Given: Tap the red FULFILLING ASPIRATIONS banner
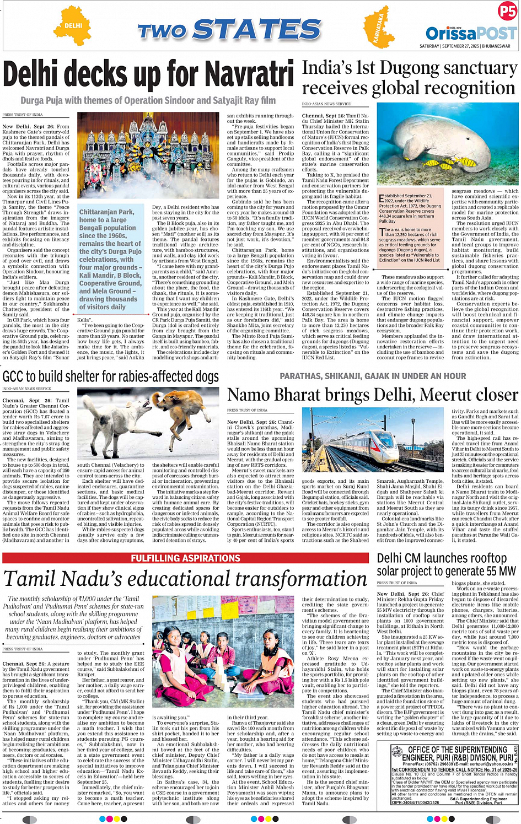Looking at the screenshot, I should coord(185,558).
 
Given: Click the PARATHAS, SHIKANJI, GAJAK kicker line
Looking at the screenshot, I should coord(373,376).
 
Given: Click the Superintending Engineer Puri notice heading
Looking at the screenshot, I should coord(457,753).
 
